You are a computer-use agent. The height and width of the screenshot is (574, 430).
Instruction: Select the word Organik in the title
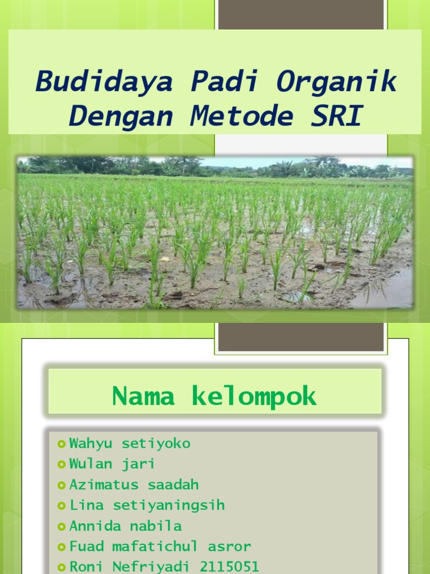336,82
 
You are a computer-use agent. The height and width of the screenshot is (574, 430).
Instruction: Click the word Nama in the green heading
143,397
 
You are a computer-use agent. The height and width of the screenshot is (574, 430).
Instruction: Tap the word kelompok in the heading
254,397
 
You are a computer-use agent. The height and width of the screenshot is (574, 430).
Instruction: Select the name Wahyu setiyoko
130,443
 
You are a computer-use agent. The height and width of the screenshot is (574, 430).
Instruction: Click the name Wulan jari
112,464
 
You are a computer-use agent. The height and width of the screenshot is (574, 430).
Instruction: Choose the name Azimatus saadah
134,484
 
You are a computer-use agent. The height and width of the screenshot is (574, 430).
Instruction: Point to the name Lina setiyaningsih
147,505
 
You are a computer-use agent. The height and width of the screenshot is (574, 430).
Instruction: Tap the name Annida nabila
125,526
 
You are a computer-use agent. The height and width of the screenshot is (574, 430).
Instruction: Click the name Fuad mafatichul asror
160,546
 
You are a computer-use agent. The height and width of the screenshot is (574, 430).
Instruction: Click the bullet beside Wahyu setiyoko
62,444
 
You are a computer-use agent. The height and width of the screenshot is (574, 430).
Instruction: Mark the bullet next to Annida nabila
62,526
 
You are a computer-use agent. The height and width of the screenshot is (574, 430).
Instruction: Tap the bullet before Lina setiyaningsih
62,506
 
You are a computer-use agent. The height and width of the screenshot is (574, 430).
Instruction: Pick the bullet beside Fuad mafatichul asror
62,547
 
